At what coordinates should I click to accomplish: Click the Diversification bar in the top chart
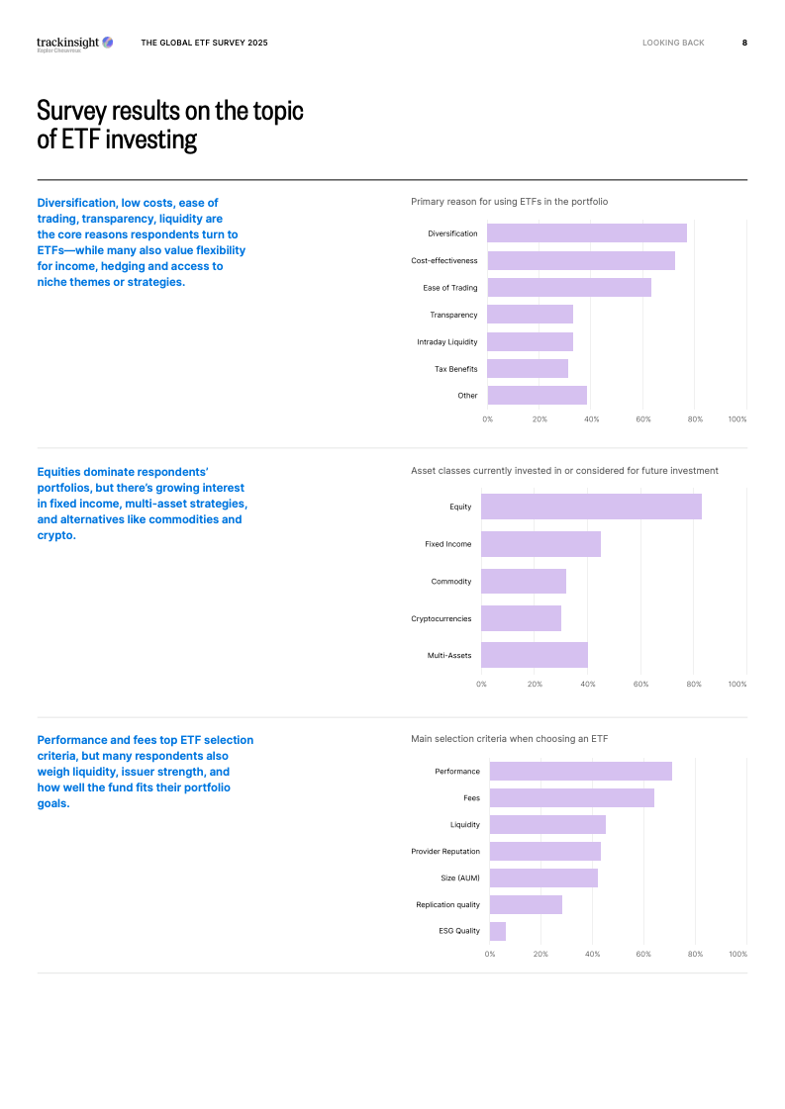(x=586, y=233)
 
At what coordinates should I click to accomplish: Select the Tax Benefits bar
(x=528, y=369)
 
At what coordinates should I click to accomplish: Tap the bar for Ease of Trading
(x=569, y=288)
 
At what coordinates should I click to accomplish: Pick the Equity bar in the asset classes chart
(x=591, y=507)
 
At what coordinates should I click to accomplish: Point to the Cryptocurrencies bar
(x=521, y=618)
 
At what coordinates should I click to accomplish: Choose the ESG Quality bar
(x=498, y=931)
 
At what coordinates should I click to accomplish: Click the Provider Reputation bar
(x=545, y=851)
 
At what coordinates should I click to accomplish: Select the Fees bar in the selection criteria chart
(x=572, y=797)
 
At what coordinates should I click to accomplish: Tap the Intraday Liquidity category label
(x=446, y=342)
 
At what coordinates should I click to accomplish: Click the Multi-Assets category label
(x=449, y=656)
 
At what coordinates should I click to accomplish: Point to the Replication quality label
(x=447, y=904)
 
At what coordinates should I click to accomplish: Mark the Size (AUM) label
(x=460, y=878)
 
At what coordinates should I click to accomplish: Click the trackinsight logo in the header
(x=74, y=43)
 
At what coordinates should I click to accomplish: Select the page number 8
(x=744, y=43)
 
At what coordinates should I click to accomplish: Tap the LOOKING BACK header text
(x=673, y=43)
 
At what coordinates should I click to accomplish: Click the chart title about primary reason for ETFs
(x=509, y=202)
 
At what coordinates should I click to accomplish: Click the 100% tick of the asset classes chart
(x=736, y=684)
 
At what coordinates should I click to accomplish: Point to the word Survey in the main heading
(x=74, y=110)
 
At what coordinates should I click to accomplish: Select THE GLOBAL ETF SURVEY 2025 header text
(x=204, y=43)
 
